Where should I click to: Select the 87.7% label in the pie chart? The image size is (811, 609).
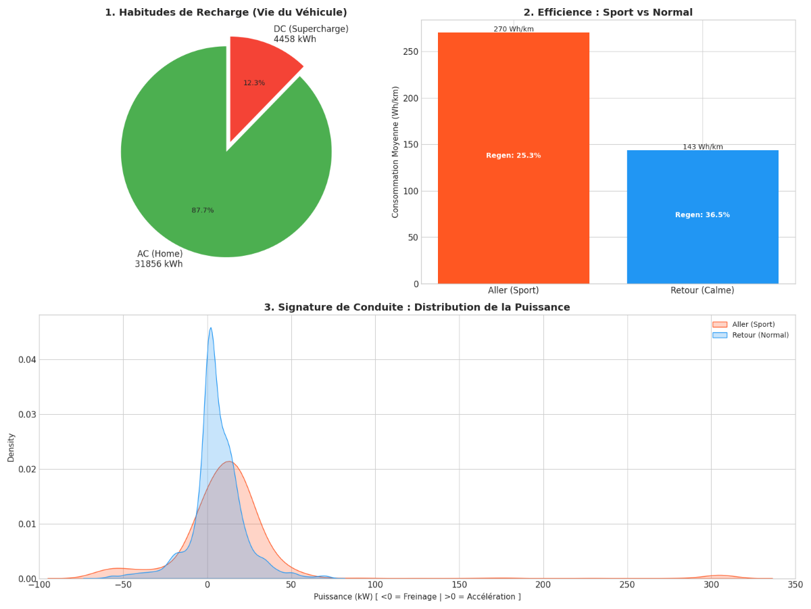tap(203, 210)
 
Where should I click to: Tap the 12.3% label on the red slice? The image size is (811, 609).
tap(254, 83)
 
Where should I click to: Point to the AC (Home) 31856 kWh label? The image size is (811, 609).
tap(159, 259)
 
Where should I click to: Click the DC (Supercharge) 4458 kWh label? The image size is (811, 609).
tap(311, 35)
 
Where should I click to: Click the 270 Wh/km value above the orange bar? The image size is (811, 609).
tap(514, 29)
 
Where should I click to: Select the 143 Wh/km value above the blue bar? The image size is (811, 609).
tap(702, 147)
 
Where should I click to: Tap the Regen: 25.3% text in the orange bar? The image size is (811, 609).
tap(514, 156)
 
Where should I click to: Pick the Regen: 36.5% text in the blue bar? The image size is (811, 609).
tap(702, 215)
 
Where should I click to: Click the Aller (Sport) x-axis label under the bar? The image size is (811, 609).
tap(514, 290)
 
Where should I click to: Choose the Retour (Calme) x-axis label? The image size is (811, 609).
tap(702, 290)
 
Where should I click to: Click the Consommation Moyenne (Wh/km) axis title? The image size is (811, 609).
tap(396, 152)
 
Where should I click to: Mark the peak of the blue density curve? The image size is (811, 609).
tap(211, 328)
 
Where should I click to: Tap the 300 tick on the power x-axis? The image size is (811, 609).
tap(711, 585)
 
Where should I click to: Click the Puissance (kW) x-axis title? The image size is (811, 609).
tap(417, 597)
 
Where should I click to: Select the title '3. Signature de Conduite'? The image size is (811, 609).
tap(417, 307)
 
